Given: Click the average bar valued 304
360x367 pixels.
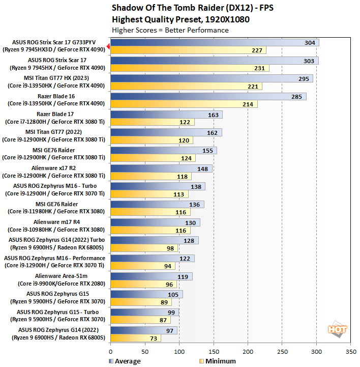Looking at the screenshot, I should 214,43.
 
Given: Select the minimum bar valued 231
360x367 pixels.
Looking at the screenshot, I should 189,68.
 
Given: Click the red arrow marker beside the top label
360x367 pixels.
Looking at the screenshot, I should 108,46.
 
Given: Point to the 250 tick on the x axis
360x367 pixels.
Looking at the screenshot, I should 282,351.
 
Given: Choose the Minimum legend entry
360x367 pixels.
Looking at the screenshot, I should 216,361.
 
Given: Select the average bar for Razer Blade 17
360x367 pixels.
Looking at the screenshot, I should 166,115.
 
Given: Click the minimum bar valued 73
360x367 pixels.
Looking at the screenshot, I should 135,338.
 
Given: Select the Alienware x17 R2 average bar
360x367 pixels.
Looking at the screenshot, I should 161,168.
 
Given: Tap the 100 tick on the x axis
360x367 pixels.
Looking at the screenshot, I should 179,351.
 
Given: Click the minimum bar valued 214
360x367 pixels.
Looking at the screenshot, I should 184,104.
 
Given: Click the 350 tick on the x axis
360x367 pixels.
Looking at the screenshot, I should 351,351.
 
